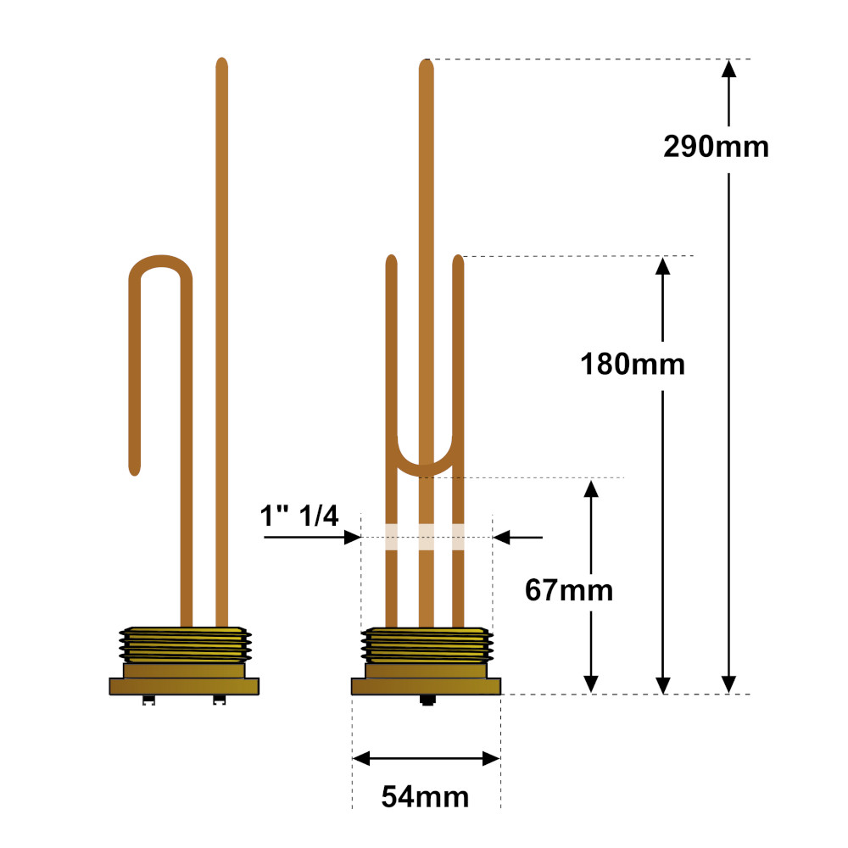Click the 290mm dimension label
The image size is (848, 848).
pos(716,147)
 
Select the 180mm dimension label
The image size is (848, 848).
pos(633,364)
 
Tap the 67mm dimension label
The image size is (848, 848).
pos(569,590)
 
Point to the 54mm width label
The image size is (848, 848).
pos(425,796)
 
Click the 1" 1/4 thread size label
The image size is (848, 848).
pos(299,516)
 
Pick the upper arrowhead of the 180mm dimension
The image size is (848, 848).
pos(663,265)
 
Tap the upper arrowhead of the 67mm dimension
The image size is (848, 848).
pos(591,488)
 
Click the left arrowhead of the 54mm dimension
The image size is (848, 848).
pos(361,758)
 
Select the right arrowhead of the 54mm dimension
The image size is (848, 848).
pos(491,758)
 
